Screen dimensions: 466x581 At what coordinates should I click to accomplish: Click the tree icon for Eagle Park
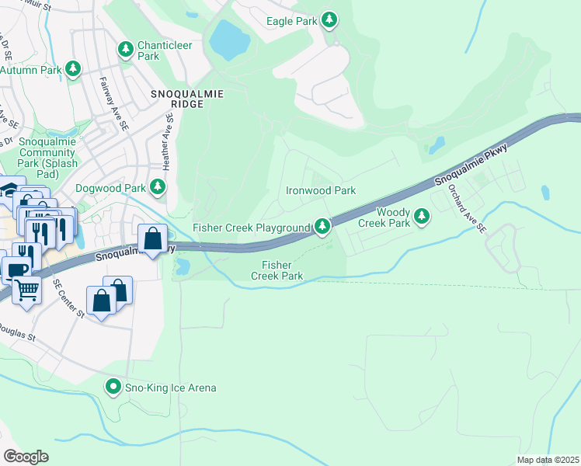click(x=330, y=20)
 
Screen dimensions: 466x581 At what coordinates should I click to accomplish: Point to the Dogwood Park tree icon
click(x=158, y=186)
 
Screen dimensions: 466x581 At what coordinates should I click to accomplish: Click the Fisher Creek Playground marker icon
click(x=322, y=226)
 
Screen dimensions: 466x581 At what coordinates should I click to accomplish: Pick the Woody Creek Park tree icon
click(x=422, y=216)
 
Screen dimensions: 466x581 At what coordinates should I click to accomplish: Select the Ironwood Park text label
click(x=320, y=190)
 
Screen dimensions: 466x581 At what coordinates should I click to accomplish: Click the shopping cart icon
click(x=27, y=290)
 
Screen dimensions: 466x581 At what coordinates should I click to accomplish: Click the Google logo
click(x=26, y=456)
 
